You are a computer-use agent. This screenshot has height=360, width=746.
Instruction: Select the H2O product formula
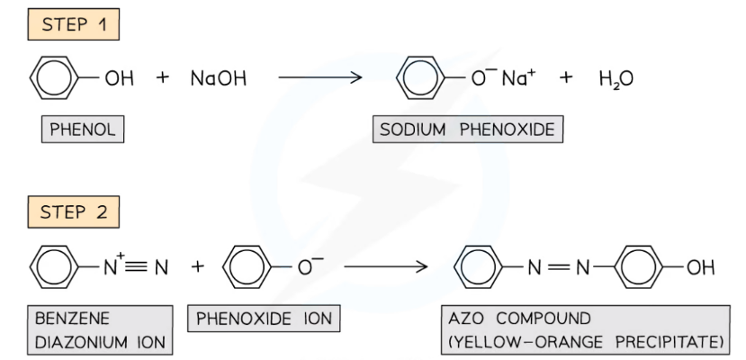coord(616,79)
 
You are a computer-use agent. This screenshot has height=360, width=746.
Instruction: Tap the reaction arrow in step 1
coord(319,79)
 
